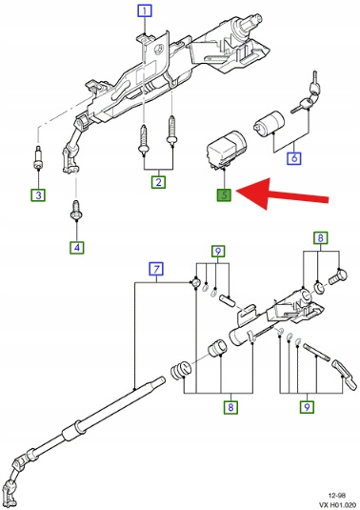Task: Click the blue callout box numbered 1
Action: click(x=145, y=11)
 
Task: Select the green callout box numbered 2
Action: click(x=158, y=182)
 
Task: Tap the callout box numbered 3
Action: click(x=38, y=195)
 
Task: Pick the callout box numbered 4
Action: click(x=77, y=248)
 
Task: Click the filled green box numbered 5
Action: click(x=224, y=195)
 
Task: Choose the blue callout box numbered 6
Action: click(x=294, y=158)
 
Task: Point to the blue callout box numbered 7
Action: click(x=156, y=270)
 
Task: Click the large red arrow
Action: click(x=282, y=194)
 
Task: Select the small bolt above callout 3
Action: click(x=38, y=158)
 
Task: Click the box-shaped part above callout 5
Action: click(x=227, y=150)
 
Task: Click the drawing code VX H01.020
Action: click(x=337, y=505)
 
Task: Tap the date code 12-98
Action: click(x=336, y=496)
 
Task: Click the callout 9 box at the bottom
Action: click(x=307, y=406)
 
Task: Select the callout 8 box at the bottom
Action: click(x=230, y=407)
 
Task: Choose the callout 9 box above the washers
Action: click(x=218, y=251)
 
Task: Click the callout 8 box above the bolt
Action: click(x=320, y=237)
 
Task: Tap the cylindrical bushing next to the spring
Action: click(x=217, y=348)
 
